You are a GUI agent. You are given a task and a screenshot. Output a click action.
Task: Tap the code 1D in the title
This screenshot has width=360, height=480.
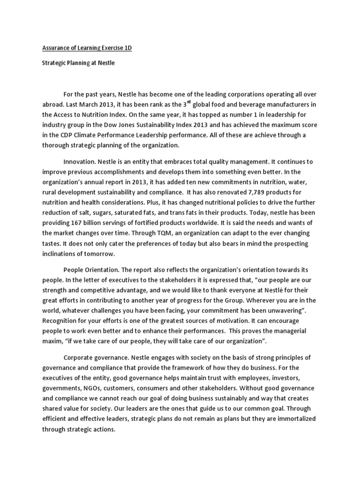click(x=127, y=48)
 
